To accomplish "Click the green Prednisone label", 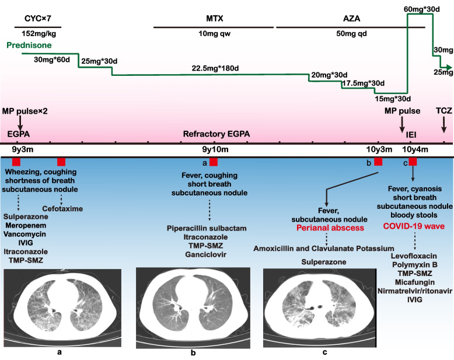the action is (29, 45).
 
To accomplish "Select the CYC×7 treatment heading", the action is (38, 19).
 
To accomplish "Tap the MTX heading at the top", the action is (215, 19).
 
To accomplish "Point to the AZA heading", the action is (351, 19).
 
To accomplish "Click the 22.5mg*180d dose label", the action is (215, 69).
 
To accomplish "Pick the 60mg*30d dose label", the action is (421, 9).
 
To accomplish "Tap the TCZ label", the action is (444, 110).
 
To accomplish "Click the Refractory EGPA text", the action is (216, 134).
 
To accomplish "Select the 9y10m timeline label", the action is (215, 149).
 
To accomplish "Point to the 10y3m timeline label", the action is (379, 149).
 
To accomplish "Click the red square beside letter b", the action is (378, 162).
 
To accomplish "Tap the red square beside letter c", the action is (413, 162).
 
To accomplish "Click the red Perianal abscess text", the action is (330, 228).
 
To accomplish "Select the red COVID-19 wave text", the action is (414, 226).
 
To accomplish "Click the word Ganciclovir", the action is (206, 254).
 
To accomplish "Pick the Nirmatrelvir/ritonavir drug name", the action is (415, 291).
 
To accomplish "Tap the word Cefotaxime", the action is (62, 209).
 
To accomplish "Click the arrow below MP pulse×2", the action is (20, 123).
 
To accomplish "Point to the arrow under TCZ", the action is (443, 124).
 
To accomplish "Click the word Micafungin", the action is (415, 282).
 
